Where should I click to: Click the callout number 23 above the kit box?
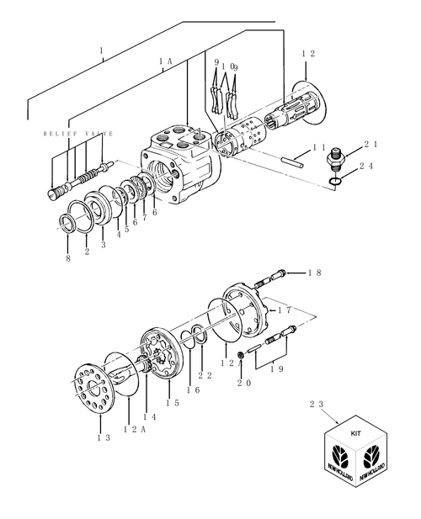(x=317, y=404)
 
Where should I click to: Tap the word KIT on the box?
(x=356, y=433)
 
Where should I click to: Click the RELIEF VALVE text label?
(x=78, y=134)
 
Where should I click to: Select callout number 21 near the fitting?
(x=370, y=144)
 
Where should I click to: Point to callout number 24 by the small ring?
(x=366, y=166)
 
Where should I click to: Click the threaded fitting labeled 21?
(x=336, y=158)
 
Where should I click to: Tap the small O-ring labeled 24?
(x=335, y=180)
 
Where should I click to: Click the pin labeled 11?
(x=292, y=162)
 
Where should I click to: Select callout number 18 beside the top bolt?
(x=315, y=273)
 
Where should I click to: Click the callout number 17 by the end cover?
(x=285, y=310)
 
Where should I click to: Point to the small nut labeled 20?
(x=242, y=355)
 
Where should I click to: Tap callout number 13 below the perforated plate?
(x=104, y=437)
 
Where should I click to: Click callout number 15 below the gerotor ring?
(x=173, y=403)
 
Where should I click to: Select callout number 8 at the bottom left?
(x=68, y=258)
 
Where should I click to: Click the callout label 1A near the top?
(x=165, y=61)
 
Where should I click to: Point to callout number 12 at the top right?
(x=308, y=53)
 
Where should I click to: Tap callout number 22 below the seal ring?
(x=205, y=375)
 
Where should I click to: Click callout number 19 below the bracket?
(x=276, y=369)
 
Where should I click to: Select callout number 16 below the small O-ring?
(x=193, y=390)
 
